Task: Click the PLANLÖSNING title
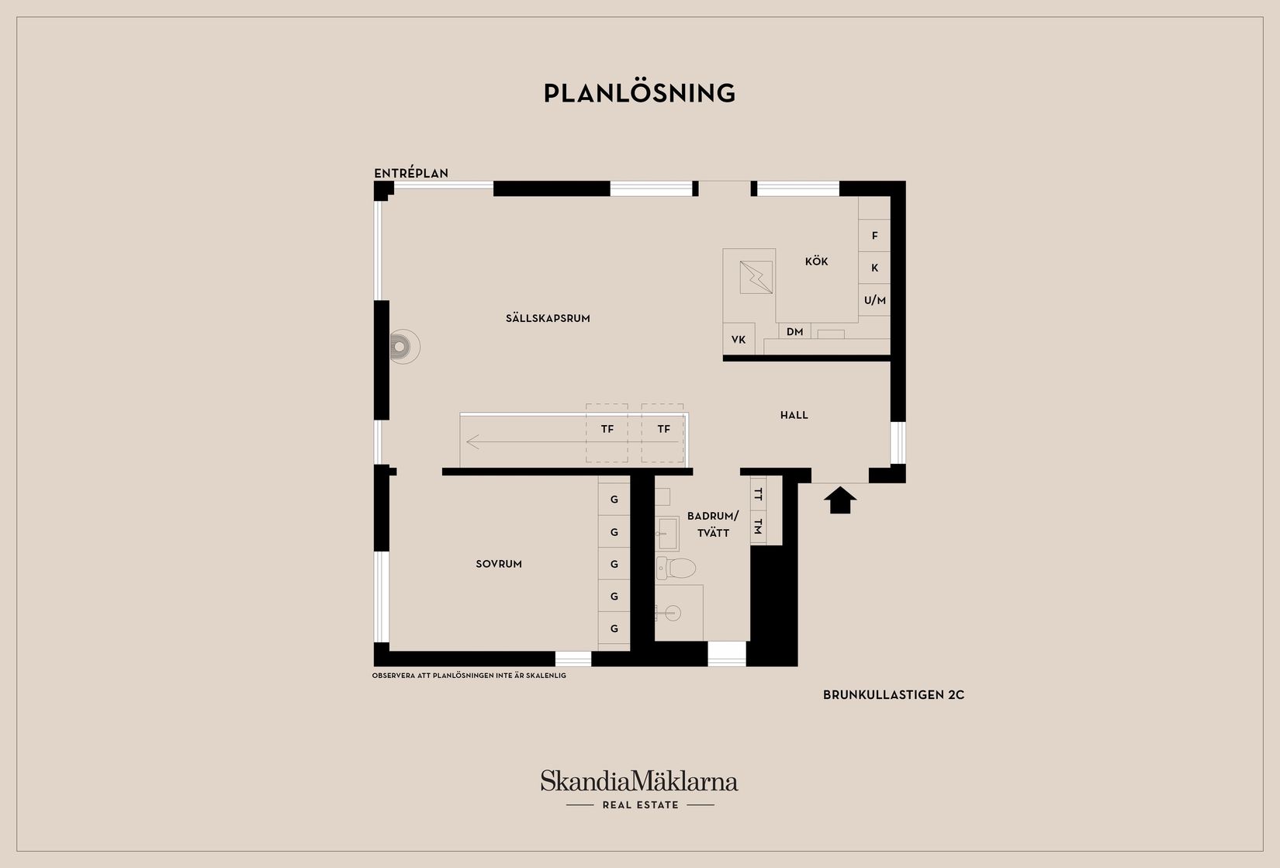pos(639,93)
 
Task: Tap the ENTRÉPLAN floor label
pos(411,173)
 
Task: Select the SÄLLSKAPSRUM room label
pos(548,318)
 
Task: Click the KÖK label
pos(816,261)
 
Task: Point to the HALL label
pos(794,415)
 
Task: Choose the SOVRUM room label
pos(499,564)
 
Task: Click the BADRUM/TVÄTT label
pos(713,524)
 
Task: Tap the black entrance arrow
pos(840,500)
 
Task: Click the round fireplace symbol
pos(403,347)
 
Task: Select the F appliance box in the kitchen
pos(874,236)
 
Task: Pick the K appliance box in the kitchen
pos(874,268)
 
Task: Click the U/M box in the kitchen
pos(874,300)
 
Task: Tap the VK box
pos(739,340)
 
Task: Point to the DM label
pos(794,332)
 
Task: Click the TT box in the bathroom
pos(759,494)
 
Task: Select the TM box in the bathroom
pos(759,526)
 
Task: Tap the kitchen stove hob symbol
pos(756,277)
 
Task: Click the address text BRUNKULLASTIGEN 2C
pos(893,695)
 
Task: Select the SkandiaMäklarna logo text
pos(639,781)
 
